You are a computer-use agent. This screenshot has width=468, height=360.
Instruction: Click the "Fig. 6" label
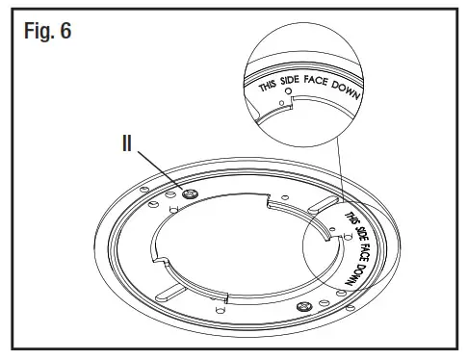tap(46, 30)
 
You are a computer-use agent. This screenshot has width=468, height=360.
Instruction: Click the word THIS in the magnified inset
tap(273, 88)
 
